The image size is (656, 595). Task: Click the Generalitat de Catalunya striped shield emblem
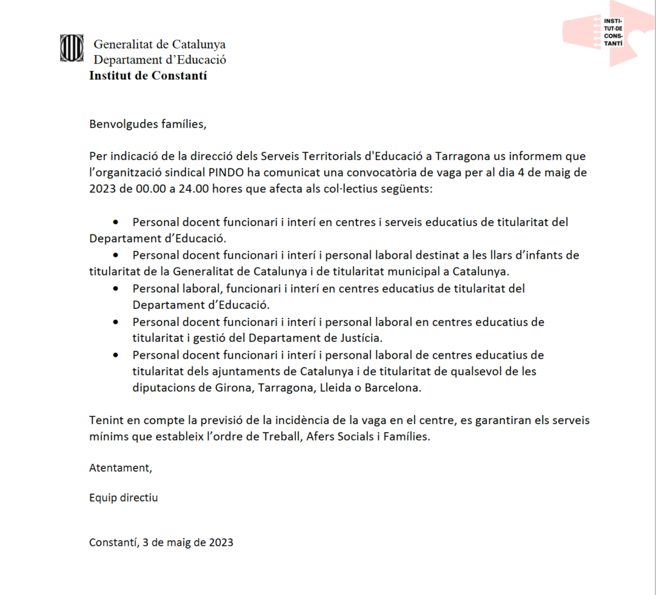[x=72, y=48]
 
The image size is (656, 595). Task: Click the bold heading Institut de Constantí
[x=148, y=76]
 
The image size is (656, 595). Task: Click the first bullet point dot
[x=116, y=222]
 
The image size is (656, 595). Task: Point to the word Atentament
[x=120, y=468]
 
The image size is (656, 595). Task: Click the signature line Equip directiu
[x=123, y=498]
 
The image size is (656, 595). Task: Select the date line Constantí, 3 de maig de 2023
[x=161, y=542]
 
